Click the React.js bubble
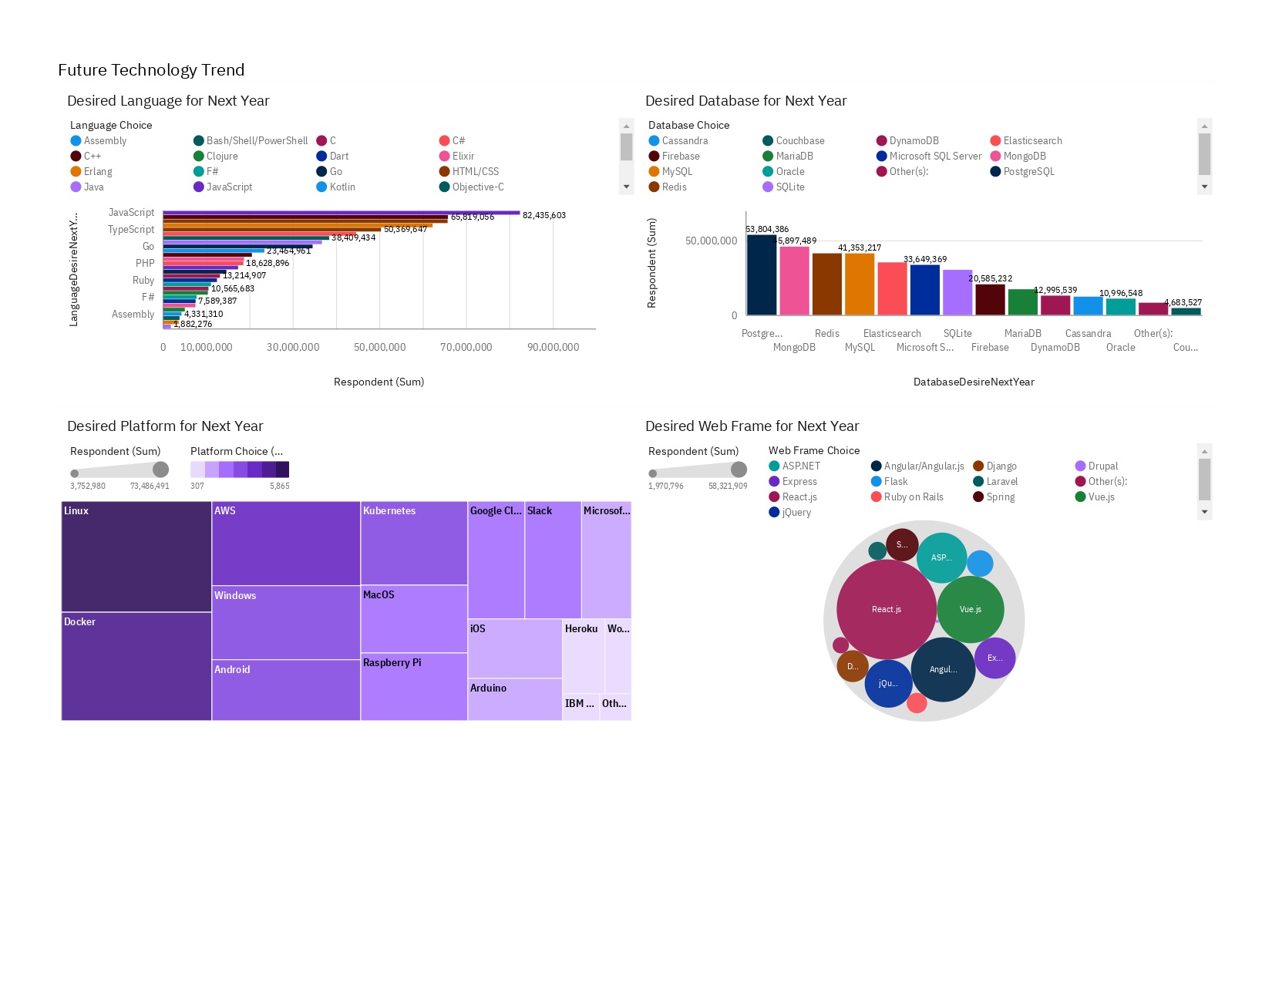pos(886,609)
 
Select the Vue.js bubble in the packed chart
pos(970,609)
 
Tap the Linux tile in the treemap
pos(136,556)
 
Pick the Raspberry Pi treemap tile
pos(413,686)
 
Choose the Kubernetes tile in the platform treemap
pos(413,543)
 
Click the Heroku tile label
pos(581,629)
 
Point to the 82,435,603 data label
pos(543,215)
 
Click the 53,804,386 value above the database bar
pos(767,229)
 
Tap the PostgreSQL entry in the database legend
pos(1028,171)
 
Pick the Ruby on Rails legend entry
pos(914,497)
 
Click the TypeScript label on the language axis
pos(131,229)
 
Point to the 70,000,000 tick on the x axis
pos(466,347)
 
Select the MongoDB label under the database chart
pos(794,347)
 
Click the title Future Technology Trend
pos(151,70)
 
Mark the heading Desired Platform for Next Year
pos(165,426)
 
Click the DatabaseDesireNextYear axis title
pos(974,382)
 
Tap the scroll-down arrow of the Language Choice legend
pos(626,187)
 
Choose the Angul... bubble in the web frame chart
pos(943,669)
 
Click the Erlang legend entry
pos(98,171)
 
